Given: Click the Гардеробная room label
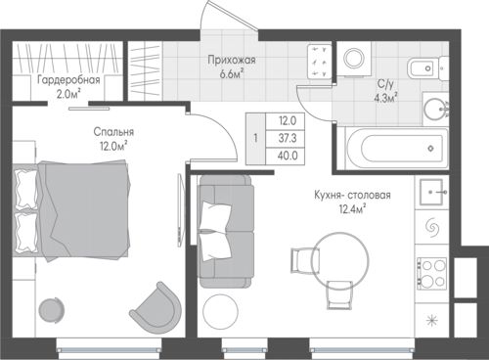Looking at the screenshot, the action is click(68, 80).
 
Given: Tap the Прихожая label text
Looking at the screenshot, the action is click(232, 60).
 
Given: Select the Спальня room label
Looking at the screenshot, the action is click(113, 132).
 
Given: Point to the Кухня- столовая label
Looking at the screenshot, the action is click(352, 196).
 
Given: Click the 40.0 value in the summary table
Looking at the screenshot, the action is click(288, 156).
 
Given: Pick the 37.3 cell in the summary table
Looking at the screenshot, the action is click(288, 139).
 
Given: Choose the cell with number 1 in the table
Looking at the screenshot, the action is click(256, 138).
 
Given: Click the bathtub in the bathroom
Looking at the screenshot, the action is click(396, 149).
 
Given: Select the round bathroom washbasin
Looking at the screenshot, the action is click(436, 109).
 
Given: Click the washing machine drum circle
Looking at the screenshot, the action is click(355, 59).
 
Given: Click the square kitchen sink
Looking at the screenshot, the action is click(432, 192).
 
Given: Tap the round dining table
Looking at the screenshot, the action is click(340, 260).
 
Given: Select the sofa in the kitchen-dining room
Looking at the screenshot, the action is click(227, 232).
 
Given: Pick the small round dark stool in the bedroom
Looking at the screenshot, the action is click(50, 309).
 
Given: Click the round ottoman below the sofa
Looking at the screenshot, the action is click(220, 311).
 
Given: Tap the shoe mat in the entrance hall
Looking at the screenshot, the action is click(319, 62).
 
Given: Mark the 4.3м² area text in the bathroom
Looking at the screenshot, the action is click(386, 98).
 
